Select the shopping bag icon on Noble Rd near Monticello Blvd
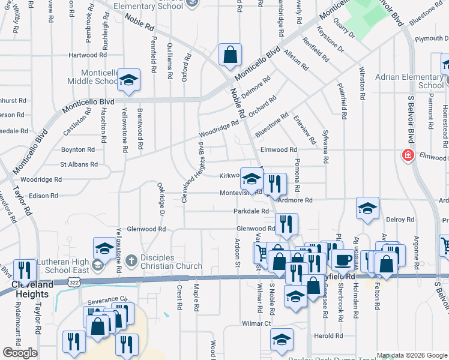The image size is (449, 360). [x=230, y=56]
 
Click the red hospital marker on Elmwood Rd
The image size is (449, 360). [x=407, y=155]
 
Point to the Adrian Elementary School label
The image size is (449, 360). [x=409, y=81]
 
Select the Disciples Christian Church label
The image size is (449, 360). [x=172, y=262]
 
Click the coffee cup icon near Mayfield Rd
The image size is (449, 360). [x=343, y=260]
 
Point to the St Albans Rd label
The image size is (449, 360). [x=78, y=164]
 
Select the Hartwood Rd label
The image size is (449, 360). [x=86, y=55]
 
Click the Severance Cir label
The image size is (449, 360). [x=108, y=299]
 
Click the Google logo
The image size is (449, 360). [x=20, y=353]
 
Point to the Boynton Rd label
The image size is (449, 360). [x=77, y=149]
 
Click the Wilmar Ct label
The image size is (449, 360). [x=257, y=323]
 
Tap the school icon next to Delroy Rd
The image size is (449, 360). [x=367, y=208]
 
